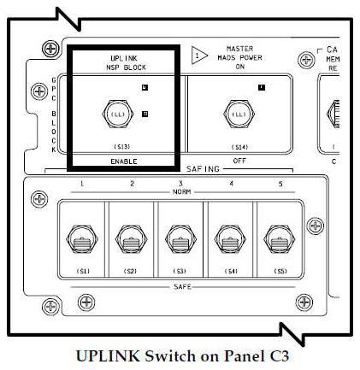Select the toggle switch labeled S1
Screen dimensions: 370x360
pos(82,239)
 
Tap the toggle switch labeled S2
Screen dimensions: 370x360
pos(131,239)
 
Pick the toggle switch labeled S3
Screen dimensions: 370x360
pos(179,239)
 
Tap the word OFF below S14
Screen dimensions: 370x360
pos(239,161)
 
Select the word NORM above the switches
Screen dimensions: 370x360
pos(179,192)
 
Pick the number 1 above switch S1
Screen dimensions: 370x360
pos(82,184)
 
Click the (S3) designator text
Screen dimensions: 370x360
pos(179,272)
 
